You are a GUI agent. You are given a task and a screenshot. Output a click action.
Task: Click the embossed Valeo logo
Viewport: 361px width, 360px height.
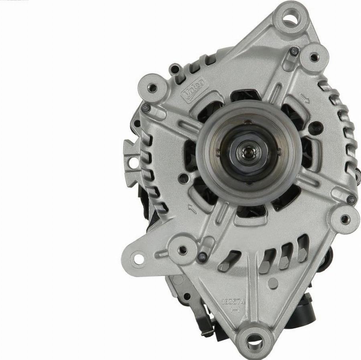[x=194, y=91]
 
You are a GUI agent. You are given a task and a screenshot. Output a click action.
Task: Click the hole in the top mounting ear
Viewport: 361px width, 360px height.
[x=289, y=17]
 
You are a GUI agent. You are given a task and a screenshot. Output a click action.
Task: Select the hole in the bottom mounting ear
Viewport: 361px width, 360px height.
[x=254, y=342]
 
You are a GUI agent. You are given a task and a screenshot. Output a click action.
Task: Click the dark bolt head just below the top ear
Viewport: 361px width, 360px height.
[x=294, y=51]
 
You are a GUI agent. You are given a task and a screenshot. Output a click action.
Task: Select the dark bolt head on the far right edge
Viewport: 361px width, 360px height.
[x=351, y=199]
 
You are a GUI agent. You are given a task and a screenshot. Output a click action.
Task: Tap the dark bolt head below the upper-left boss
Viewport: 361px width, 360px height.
[x=146, y=107]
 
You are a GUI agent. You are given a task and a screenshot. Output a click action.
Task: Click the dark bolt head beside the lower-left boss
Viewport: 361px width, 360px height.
[x=203, y=257]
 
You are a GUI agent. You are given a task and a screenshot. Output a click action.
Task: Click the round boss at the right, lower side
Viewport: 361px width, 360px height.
[x=345, y=219]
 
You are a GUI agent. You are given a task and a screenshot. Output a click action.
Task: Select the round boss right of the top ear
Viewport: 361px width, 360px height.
[x=314, y=57]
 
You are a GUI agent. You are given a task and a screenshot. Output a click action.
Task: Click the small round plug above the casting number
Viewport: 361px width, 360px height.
[x=273, y=283]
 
